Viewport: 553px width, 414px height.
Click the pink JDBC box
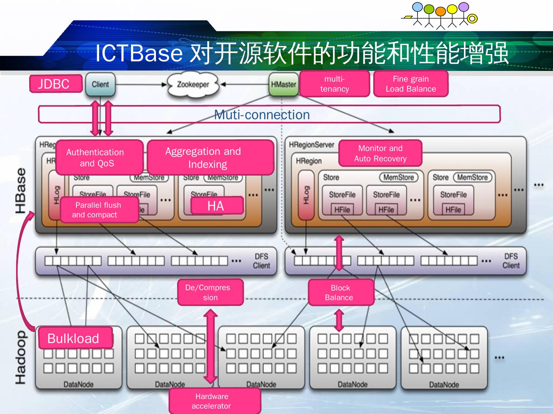pos(56,84)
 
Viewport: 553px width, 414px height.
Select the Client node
pos(100,84)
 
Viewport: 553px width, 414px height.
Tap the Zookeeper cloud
pos(193,84)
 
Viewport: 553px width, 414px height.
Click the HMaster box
pos(283,84)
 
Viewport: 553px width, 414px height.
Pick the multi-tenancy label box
pos(334,84)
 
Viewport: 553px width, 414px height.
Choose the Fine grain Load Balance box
pos(411,84)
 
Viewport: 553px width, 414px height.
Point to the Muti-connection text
pos(262,115)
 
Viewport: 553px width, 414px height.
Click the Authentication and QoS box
pos(99,157)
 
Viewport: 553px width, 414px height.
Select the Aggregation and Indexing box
pos(210,157)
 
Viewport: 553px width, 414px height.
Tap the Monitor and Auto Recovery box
pos(380,153)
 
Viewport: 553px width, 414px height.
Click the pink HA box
pos(217,206)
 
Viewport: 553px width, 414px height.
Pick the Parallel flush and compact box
pos(99,210)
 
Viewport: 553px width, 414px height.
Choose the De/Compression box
pos(210,292)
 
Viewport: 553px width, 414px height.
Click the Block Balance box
pos(341,292)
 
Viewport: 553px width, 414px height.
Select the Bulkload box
pos(75,338)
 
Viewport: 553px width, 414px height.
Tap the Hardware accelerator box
pos(214,401)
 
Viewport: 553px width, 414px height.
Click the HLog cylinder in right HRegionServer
pos(306,195)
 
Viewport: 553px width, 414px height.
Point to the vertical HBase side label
pos(21,191)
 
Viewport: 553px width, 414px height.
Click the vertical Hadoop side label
pos(21,357)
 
